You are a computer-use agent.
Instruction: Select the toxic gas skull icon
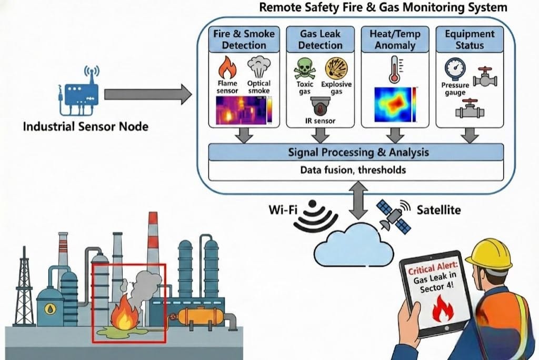pos(305,68)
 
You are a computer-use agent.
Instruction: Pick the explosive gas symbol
pos(336,68)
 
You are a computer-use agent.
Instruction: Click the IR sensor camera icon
pos(320,107)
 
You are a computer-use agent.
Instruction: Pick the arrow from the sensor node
pos(147,94)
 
